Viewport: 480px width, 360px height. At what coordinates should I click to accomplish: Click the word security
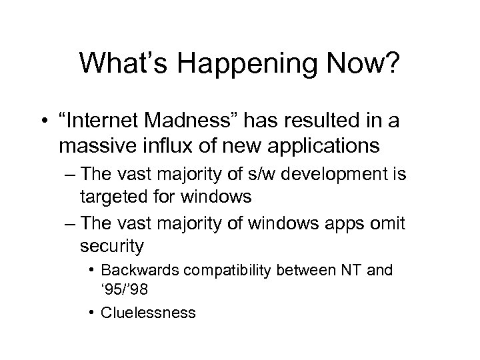pyautogui.click(x=111, y=246)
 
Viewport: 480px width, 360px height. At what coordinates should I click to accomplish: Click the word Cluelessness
pyautogui.click(x=148, y=312)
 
